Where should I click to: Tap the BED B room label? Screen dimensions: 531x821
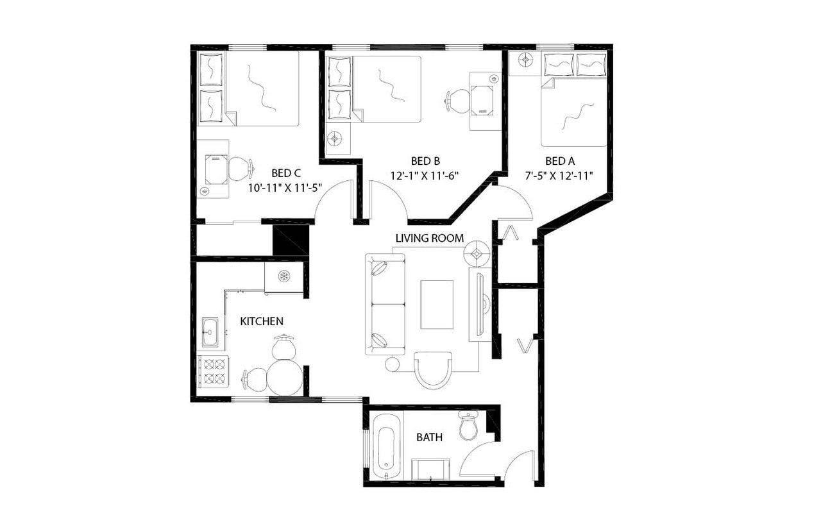click(x=425, y=160)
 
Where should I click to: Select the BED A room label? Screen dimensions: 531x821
click(x=559, y=160)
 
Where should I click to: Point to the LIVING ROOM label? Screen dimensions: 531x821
click(x=429, y=238)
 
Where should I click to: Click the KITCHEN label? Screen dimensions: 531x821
click(x=262, y=321)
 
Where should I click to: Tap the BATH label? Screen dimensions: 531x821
click(x=429, y=437)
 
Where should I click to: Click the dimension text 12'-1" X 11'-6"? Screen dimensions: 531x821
click(x=425, y=174)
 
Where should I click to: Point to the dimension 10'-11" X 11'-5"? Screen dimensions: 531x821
click(x=285, y=187)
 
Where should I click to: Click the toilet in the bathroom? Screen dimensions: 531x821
click(x=468, y=426)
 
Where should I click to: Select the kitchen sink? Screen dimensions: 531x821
click(x=210, y=332)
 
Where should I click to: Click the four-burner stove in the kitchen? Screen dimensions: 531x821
click(x=212, y=371)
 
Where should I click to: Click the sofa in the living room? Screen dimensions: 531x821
click(x=385, y=304)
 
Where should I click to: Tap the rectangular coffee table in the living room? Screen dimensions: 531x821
click(x=437, y=304)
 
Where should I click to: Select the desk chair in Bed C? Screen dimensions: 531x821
click(x=239, y=168)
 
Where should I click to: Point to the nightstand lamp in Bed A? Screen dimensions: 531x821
click(x=526, y=60)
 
